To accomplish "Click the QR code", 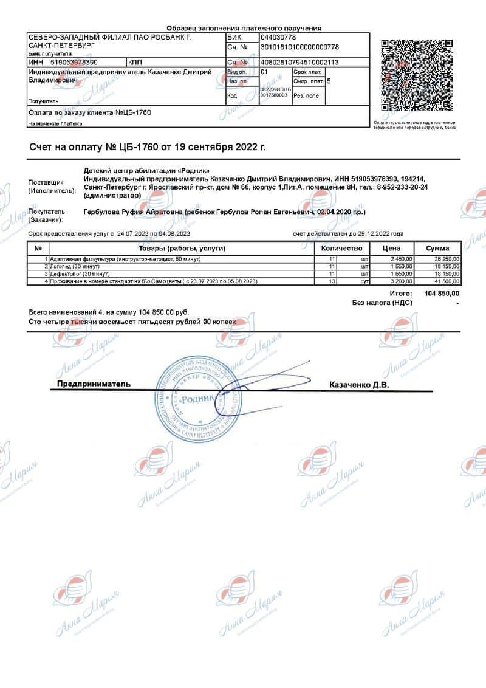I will (x=417, y=75).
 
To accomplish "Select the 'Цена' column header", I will (x=391, y=248).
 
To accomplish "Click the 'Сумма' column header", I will (x=437, y=248).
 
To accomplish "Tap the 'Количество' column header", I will (x=341, y=248).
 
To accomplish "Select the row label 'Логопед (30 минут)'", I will (x=75, y=266).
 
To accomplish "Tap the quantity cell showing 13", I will (x=332, y=281).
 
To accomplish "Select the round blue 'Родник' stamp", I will (x=196, y=398).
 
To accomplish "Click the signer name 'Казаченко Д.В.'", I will (x=358, y=385).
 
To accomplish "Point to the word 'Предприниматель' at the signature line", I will (x=94, y=384).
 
